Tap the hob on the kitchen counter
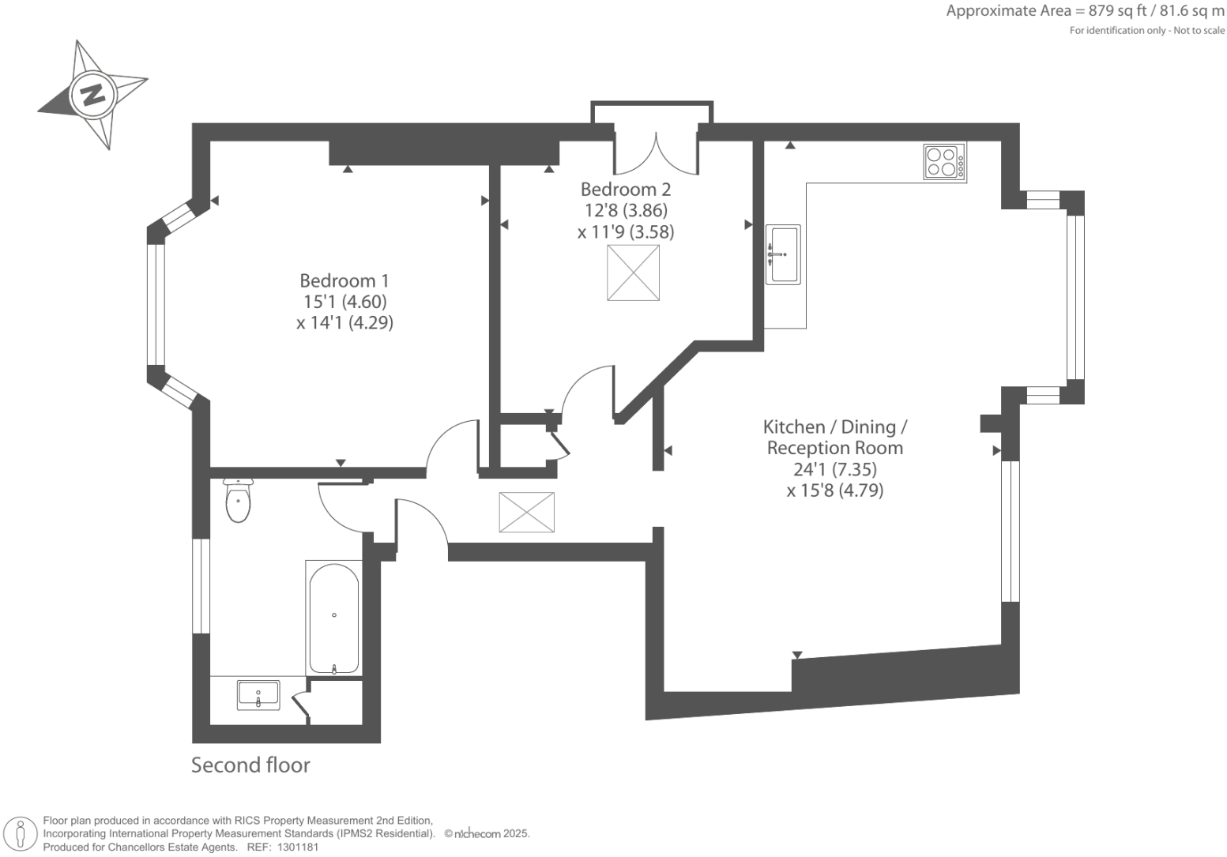tap(944, 162)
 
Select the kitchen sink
tap(782, 254)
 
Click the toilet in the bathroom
tap(238, 500)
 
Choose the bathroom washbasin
tap(258, 695)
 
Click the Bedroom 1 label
tap(344, 280)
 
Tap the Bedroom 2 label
tap(625, 190)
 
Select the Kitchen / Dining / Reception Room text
tap(834, 438)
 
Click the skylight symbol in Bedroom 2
tap(633, 273)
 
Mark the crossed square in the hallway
tap(526, 512)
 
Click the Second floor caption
tap(250, 765)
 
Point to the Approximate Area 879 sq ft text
tap(1085, 11)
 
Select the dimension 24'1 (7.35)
tap(834, 469)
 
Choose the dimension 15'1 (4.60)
tap(344, 302)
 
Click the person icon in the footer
tap(21, 833)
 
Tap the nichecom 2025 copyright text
tap(487, 833)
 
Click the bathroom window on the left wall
tap(201, 586)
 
